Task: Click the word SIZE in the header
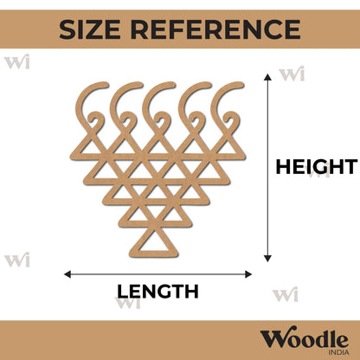point(90,29)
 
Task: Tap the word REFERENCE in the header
point(215,29)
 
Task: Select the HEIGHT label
point(317,167)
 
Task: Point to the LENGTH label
point(157,292)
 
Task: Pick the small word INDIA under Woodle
point(339,352)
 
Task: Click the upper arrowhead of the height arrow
point(268,77)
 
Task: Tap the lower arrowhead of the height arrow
point(268,259)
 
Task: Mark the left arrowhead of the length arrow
point(67,274)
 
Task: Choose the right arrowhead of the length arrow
point(248,274)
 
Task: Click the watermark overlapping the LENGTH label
point(129,302)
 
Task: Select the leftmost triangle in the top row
point(90,148)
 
